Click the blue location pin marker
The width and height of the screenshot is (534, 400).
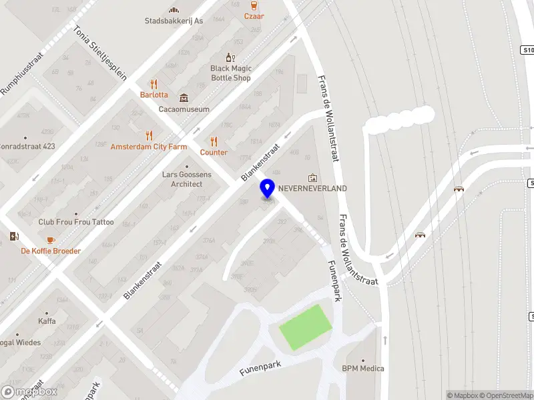pos(267,188)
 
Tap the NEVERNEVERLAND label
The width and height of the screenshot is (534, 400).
pos(312,189)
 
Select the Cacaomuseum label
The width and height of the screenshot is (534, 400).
pos(184,109)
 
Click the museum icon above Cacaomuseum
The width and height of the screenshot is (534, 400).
pos(184,98)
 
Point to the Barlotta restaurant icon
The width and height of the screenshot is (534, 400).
pos(154,84)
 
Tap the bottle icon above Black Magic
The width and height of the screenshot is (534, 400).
pos(230,58)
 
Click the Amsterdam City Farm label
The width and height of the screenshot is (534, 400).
pos(149,147)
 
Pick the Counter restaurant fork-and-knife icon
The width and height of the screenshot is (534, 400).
pos(214,141)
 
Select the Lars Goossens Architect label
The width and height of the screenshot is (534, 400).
pos(187,179)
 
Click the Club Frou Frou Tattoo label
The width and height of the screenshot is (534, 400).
pos(76,222)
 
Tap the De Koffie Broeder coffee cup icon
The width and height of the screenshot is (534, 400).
pos(50,240)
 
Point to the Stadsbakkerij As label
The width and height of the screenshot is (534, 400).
pos(174,21)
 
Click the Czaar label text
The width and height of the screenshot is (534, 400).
pos(254,16)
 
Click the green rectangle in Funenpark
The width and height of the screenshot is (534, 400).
pos(305,327)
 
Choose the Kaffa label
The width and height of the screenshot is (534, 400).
pos(47,321)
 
